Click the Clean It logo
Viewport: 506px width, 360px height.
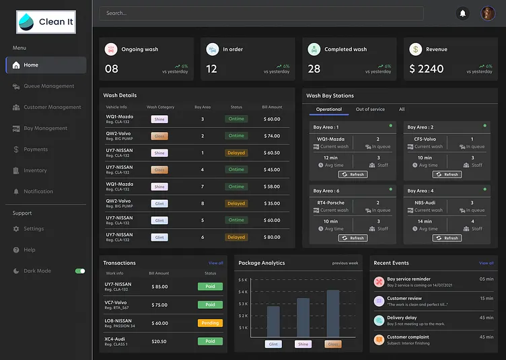tap(46, 22)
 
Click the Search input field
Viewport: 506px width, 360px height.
tap(261, 13)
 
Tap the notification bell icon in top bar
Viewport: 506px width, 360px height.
tap(462, 13)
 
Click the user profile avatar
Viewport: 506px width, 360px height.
tap(488, 13)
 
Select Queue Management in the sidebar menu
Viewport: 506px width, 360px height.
tap(48, 86)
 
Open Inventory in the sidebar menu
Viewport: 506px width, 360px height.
tap(35, 170)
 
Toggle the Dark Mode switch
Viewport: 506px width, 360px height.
tap(80, 271)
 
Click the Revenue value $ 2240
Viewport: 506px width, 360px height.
tap(427, 69)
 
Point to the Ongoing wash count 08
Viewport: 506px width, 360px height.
tap(112, 69)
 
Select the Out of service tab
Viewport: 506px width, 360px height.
tap(370, 109)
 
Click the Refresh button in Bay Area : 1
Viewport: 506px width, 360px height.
tap(353, 174)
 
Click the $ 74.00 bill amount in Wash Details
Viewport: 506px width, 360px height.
tap(272, 136)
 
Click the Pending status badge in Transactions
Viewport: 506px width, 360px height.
tap(210, 323)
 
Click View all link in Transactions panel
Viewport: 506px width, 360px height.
tap(215, 263)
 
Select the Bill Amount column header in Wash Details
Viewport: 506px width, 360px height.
tap(272, 107)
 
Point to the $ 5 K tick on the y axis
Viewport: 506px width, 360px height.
tap(243, 279)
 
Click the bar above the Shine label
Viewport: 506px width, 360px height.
tap(303, 318)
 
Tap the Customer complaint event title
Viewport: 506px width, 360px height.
tap(408, 337)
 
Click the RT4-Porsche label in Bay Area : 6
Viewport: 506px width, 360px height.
tap(330, 202)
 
